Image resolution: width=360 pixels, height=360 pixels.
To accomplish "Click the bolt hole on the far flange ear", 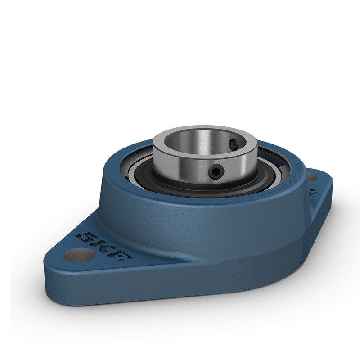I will pyautogui.click(x=315, y=177).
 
